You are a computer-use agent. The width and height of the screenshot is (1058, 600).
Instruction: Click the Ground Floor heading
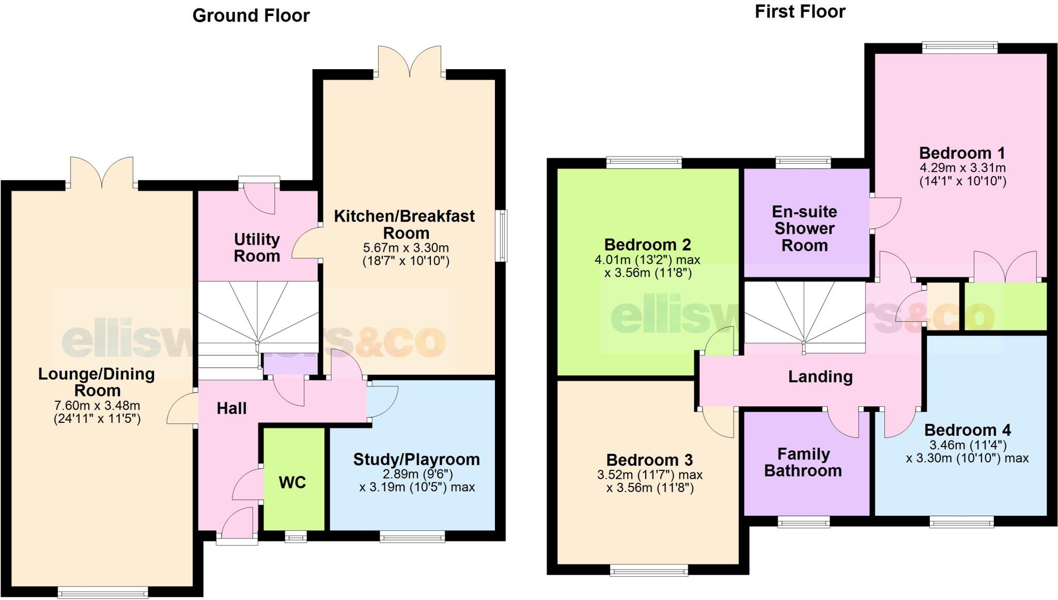pos(251,15)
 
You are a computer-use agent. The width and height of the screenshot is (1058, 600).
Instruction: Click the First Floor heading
pos(800,11)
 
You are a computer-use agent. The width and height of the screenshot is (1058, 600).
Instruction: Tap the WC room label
pos(292,482)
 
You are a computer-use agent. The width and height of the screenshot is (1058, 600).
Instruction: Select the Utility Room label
pos(257,247)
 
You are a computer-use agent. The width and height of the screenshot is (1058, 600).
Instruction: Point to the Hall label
pos(231,408)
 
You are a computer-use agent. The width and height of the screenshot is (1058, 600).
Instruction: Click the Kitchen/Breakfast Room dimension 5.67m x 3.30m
pos(406,247)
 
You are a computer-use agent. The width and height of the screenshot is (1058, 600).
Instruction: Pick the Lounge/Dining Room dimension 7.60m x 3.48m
pos(97,405)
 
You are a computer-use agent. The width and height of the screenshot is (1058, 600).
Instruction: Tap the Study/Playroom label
pos(416,459)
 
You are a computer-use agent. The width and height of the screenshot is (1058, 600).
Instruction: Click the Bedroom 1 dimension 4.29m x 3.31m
pos(962,168)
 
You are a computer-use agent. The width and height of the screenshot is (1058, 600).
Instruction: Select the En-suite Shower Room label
pos(804,228)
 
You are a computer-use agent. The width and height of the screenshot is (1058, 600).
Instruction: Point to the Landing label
pos(820,376)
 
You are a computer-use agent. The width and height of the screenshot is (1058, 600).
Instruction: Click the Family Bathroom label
pos(803,462)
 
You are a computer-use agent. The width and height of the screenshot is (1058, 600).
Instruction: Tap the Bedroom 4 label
pos(967,430)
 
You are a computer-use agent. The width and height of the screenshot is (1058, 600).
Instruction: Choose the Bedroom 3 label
pos(649,460)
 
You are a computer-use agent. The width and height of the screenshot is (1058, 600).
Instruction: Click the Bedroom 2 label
pos(647,244)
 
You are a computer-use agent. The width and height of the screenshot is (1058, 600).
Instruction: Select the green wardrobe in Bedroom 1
pos(1005,306)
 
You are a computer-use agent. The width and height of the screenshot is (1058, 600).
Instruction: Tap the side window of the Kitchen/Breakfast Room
pos(501,235)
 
